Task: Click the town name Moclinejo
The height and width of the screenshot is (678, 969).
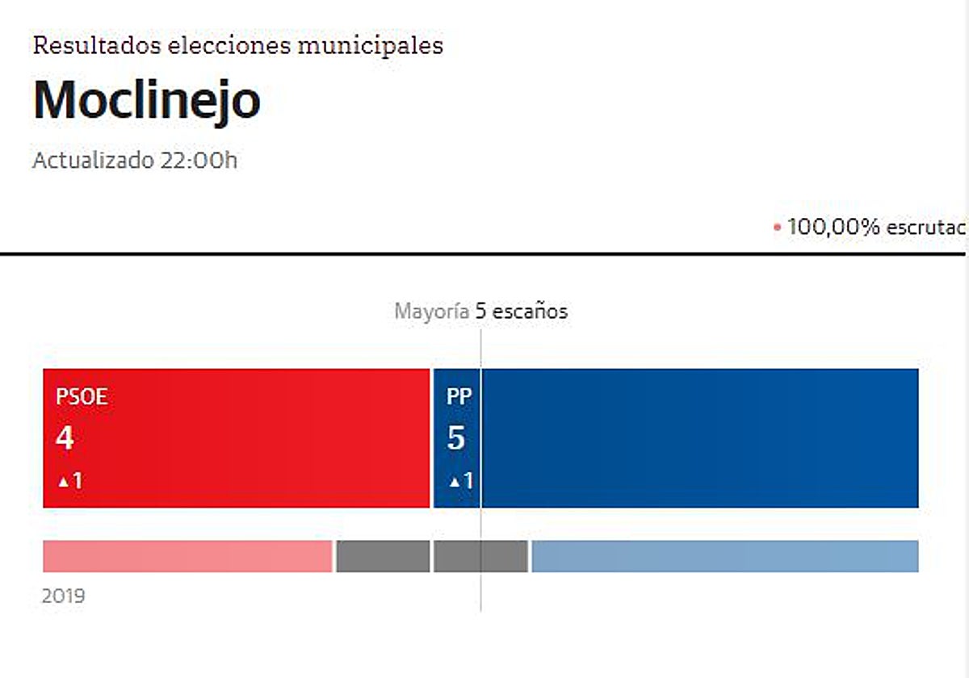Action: coord(146,101)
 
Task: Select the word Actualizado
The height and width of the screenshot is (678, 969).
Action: coord(91,160)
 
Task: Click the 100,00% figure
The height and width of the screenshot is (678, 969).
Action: coord(833,227)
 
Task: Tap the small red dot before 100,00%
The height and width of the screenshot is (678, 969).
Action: coord(777,228)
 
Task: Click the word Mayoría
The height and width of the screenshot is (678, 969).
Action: coord(431,312)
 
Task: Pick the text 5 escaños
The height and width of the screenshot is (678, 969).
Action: coord(522,312)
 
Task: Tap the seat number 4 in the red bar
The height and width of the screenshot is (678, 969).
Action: coord(65,438)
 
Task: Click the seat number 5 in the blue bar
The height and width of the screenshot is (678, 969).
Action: coord(455,438)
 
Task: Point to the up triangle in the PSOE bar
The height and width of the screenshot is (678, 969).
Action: coord(63,482)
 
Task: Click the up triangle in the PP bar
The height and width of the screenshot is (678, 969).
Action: coord(454,482)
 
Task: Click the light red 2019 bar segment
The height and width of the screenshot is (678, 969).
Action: coord(187,556)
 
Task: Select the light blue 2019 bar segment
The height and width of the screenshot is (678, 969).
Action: coord(724,556)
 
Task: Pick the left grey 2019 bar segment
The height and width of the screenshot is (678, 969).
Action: coord(383,556)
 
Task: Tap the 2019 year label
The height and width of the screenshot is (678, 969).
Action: coord(63,596)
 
